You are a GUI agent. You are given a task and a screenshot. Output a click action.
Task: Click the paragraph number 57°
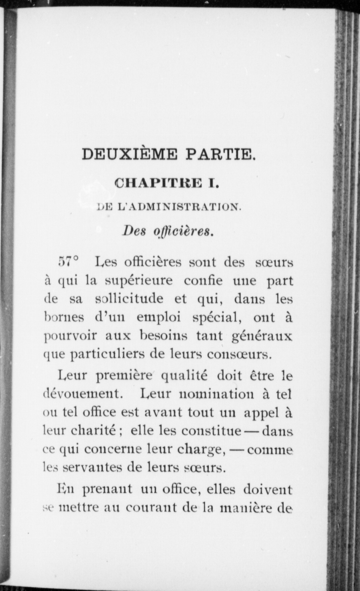point(69,262)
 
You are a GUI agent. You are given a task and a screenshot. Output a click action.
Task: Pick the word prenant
point(107,490)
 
